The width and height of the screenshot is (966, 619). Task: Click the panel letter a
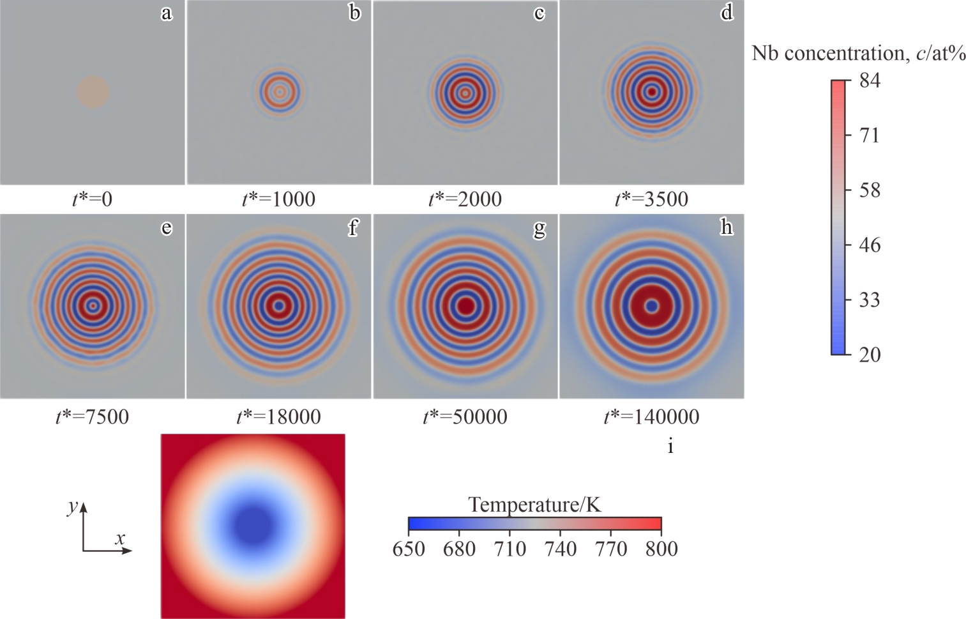coord(167,13)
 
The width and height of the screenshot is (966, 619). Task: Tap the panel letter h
coord(727,227)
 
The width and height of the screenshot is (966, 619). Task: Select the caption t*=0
coord(93,199)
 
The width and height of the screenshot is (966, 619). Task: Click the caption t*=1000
coord(278,199)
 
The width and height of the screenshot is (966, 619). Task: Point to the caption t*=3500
coord(651,199)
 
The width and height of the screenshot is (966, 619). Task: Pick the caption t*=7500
coord(93,417)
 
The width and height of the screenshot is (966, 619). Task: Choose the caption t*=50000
coord(465,417)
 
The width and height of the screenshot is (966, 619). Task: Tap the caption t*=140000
coord(651,417)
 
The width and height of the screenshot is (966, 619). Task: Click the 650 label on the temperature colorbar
coord(409,549)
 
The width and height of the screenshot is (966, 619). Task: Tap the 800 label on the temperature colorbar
coord(661,549)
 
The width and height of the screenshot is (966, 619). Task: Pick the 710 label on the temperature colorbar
coord(509,549)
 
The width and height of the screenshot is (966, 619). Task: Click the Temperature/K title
coord(534,505)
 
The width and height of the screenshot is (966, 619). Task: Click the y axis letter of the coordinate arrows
coord(73,507)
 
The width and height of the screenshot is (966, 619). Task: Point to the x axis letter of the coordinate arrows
coord(120,539)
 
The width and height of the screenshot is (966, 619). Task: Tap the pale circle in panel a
coord(93,92)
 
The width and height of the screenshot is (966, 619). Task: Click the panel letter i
coord(670,447)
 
